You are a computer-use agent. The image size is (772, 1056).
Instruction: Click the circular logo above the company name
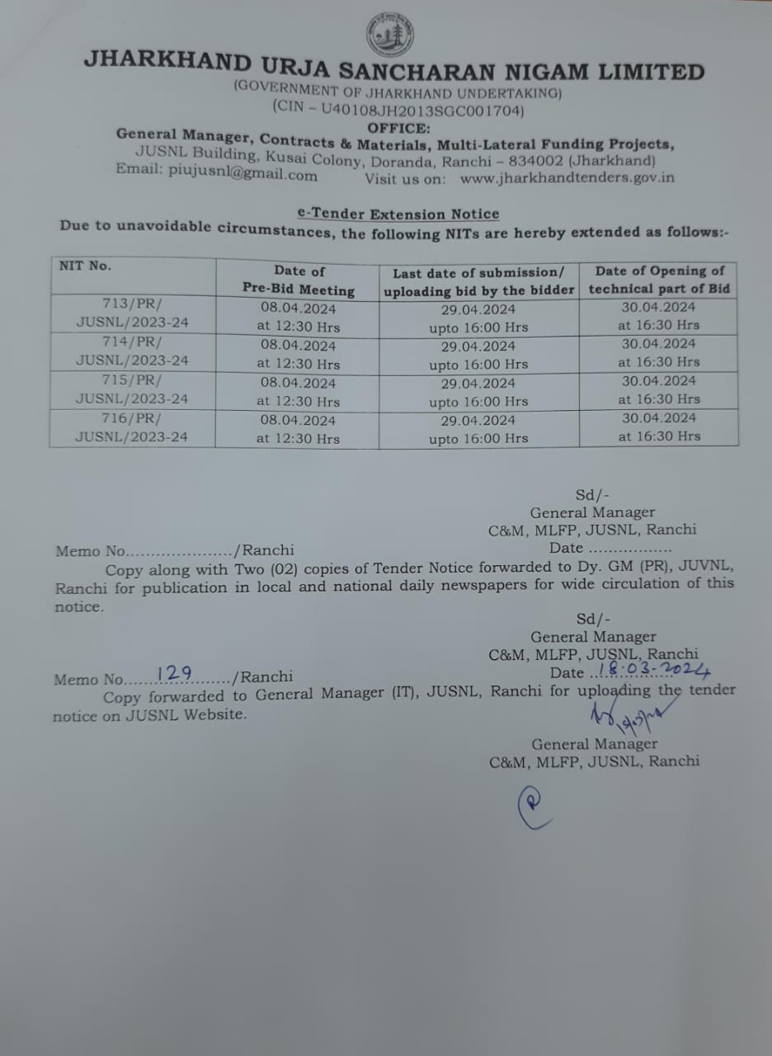(389, 35)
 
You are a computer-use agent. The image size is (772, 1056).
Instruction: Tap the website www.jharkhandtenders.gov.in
(567, 177)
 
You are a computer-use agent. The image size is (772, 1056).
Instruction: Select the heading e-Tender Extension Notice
(398, 214)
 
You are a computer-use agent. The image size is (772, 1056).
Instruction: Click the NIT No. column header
(85, 266)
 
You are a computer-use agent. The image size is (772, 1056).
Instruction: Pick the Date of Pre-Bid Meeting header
(299, 280)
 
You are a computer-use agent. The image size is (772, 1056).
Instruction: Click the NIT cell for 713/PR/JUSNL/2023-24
(132, 313)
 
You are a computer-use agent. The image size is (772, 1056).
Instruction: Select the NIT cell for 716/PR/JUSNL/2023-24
(132, 428)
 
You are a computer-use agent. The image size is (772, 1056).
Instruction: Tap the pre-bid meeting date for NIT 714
(298, 355)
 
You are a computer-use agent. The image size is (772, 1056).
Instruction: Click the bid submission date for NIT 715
(478, 393)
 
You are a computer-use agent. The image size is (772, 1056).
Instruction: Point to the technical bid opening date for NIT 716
(659, 427)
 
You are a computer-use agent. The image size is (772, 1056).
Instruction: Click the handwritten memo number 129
(174, 672)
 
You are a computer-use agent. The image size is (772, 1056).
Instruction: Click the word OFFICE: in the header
(398, 128)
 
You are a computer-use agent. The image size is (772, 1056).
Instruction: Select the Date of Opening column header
(659, 280)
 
